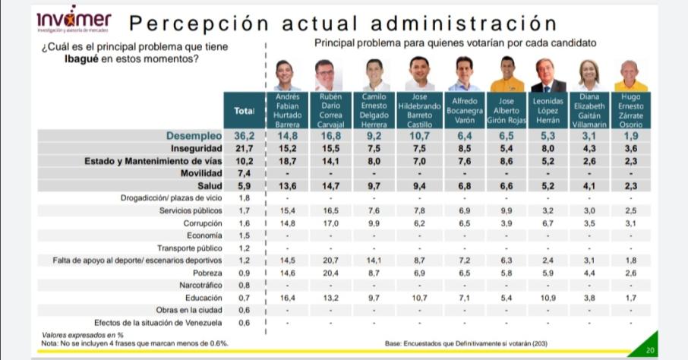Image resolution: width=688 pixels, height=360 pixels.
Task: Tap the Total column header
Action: [243, 111]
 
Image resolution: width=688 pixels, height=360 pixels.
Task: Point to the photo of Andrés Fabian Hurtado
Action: [287, 74]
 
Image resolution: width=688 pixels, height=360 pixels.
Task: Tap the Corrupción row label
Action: [203, 223]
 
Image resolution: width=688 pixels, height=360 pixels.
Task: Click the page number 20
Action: [649, 350]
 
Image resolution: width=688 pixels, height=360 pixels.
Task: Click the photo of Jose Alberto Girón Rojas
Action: [507, 74]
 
